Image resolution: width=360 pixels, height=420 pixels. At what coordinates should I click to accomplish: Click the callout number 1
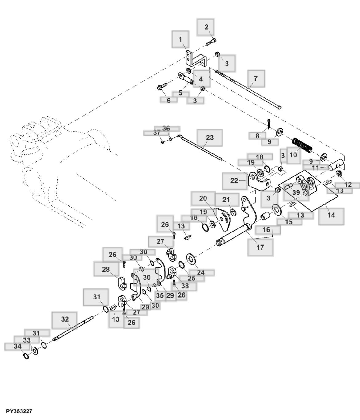(x=180, y=39)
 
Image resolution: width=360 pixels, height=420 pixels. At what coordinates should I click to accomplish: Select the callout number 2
(x=206, y=27)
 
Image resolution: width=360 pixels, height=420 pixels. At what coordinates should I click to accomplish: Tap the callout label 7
(x=256, y=78)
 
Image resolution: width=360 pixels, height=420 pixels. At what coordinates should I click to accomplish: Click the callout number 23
(x=210, y=137)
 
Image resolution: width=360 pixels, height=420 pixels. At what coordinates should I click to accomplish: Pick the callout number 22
(x=234, y=180)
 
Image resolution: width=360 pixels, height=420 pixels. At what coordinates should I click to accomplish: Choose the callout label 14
(x=331, y=215)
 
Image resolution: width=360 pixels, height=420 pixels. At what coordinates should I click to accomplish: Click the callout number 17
(x=260, y=247)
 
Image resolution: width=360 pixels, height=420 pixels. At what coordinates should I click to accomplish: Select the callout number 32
(x=65, y=319)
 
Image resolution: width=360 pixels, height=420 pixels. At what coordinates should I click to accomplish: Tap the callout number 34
(x=18, y=346)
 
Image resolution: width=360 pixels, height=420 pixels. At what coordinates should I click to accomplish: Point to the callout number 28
(x=106, y=269)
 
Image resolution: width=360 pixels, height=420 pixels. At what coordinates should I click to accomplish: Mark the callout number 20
(x=203, y=198)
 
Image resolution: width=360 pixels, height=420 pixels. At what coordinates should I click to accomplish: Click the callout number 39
(x=296, y=192)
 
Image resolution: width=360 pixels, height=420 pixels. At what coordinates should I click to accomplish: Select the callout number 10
(x=293, y=155)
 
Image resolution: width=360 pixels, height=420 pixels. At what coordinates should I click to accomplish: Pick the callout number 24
(x=201, y=272)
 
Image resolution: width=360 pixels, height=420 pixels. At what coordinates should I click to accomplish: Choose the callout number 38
(x=185, y=286)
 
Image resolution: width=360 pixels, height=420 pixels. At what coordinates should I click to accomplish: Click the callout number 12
(x=348, y=184)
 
